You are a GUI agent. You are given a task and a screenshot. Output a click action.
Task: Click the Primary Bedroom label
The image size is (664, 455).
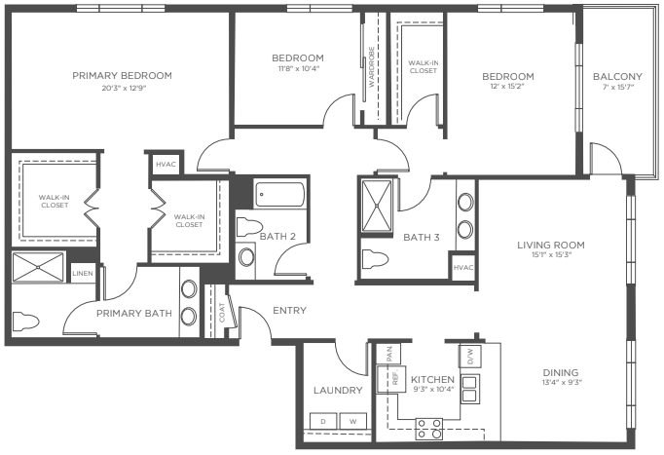122,76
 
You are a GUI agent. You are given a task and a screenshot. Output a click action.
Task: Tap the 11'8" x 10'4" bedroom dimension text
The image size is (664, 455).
298,68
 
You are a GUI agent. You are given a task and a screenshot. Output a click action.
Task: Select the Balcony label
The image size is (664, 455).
617,77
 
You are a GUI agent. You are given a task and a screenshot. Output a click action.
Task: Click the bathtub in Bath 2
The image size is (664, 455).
280,195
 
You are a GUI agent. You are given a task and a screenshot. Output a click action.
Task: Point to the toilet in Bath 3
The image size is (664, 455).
375,259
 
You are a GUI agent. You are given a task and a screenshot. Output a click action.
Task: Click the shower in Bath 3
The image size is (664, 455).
377,206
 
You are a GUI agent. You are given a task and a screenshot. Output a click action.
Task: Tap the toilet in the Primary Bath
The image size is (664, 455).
26,322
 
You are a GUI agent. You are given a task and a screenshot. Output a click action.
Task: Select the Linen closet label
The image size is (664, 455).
83,274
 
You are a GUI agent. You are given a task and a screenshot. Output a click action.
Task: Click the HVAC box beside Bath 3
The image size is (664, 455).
462,267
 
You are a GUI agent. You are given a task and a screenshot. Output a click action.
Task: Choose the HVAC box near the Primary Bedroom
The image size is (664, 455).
166,164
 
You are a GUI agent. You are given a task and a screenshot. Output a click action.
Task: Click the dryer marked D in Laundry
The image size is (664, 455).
323,421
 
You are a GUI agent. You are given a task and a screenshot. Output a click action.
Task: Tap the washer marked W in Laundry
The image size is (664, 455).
353,421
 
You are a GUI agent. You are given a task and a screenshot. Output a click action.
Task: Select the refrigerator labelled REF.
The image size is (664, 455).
391,379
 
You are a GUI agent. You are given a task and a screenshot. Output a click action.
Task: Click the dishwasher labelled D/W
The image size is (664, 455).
469,357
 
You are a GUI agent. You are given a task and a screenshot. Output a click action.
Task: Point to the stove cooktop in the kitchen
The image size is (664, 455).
429,429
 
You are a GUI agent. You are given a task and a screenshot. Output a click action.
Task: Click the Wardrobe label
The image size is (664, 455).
371,67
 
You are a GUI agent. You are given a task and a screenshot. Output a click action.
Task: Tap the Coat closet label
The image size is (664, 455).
222,312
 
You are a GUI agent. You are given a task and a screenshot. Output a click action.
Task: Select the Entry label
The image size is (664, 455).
290,311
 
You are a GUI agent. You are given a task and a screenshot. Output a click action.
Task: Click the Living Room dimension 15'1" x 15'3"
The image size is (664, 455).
551,255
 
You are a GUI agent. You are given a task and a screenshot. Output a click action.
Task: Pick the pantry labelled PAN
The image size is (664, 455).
390,354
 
